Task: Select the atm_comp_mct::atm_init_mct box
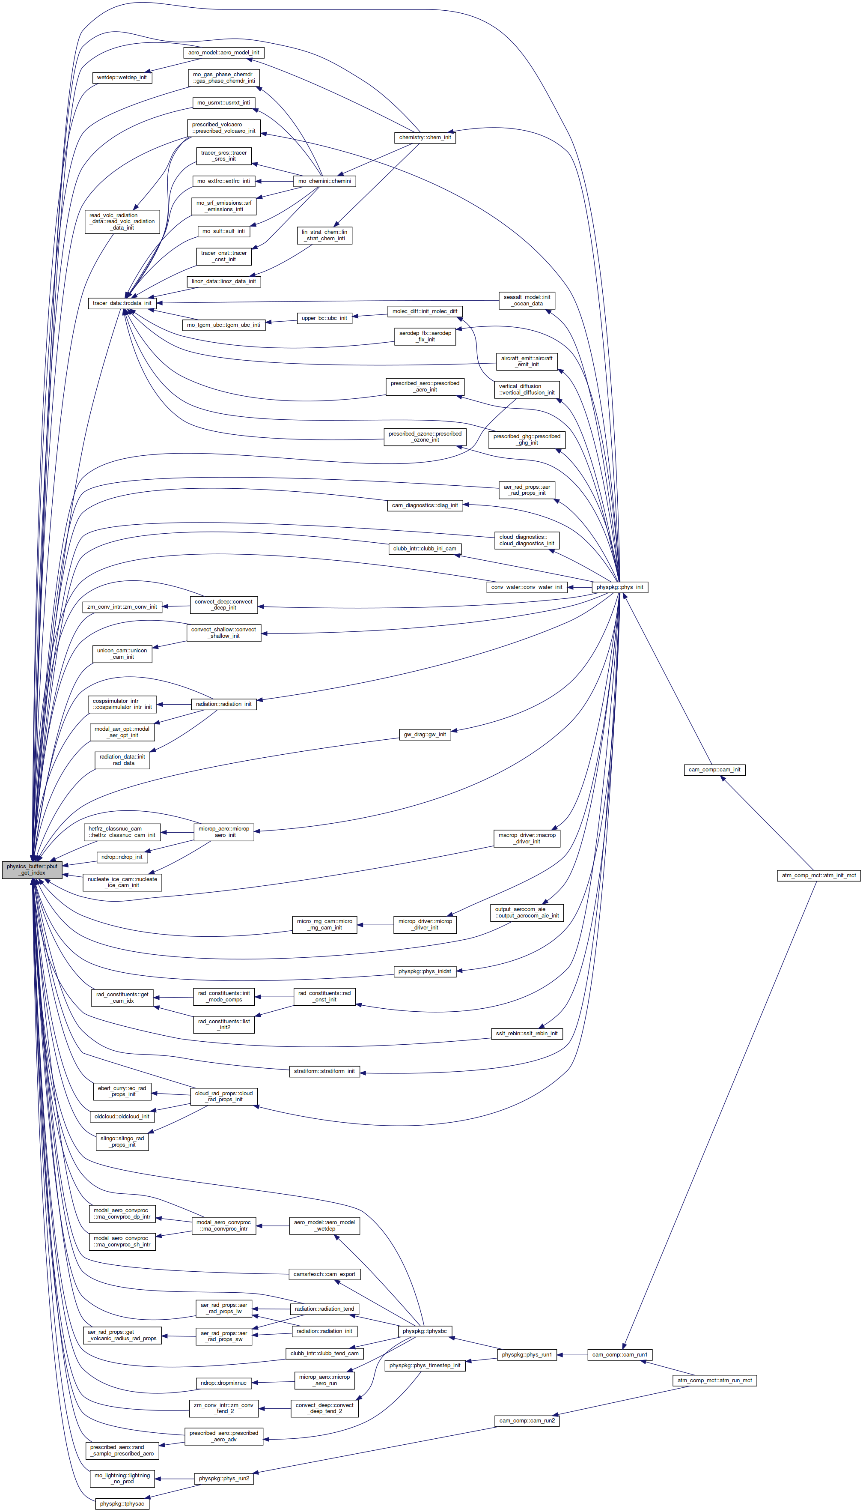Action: point(818,875)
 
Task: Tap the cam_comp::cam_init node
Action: point(714,770)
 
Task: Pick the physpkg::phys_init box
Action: point(619,587)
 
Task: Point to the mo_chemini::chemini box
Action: point(324,181)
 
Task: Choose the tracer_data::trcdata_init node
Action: point(122,303)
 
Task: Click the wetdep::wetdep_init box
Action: point(122,78)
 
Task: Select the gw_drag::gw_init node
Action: point(425,735)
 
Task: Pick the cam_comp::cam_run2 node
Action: point(527,1421)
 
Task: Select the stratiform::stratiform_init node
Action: point(324,1071)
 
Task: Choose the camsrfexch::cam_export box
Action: point(324,1274)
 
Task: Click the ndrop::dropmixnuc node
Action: point(223,1383)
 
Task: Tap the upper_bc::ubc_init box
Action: point(324,318)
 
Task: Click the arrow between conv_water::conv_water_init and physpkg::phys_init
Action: point(579,587)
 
